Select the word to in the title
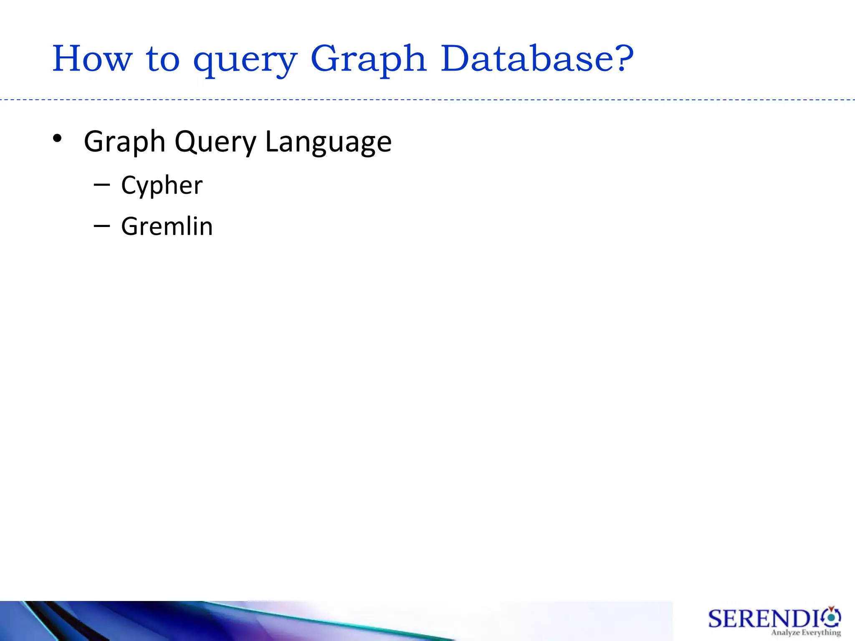(x=163, y=59)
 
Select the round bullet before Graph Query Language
(x=58, y=139)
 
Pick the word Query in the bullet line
(x=215, y=143)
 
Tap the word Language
(x=328, y=143)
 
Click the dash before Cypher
(x=102, y=184)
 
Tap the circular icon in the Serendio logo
(x=831, y=617)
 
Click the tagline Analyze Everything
(x=806, y=633)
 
